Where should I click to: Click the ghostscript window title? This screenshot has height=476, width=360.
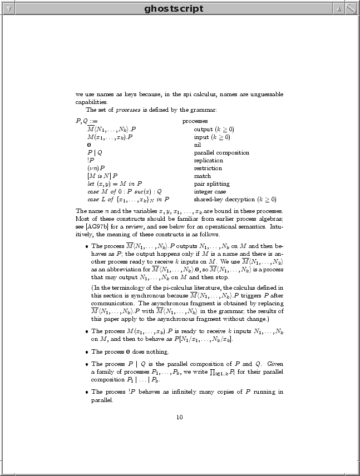(174, 8)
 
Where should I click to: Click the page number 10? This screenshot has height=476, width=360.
(179, 418)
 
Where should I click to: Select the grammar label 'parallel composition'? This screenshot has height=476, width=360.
(221, 152)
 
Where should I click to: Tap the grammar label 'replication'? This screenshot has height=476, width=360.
(208, 160)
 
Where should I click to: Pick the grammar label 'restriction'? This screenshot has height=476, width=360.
(208, 168)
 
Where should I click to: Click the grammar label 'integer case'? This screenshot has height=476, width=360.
(210, 191)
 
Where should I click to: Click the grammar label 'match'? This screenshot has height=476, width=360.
(203, 176)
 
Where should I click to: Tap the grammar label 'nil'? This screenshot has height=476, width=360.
(197, 145)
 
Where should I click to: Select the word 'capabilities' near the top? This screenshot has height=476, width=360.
(91, 102)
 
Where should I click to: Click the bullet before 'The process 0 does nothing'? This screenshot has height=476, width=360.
(86, 352)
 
